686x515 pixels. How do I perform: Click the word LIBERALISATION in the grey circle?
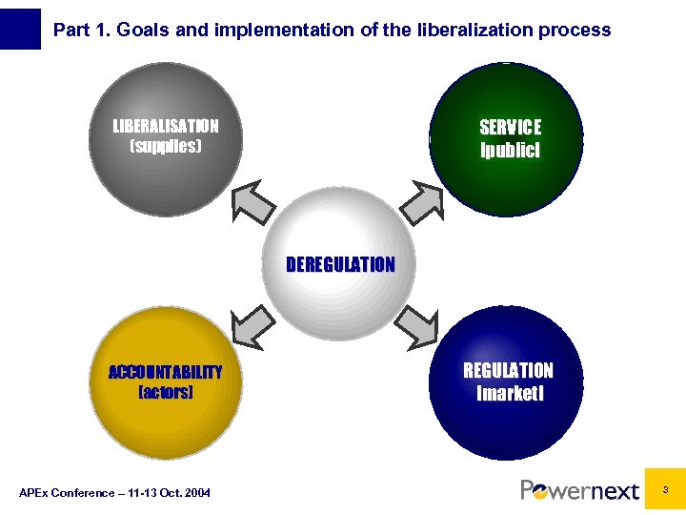coord(166,126)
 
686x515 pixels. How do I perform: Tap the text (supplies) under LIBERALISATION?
coord(166,147)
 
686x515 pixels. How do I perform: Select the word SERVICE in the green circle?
coord(510,128)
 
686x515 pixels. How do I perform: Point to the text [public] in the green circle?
coord(510,150)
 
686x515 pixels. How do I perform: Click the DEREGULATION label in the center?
coord(340,264)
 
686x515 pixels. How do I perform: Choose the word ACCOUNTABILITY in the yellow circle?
coord(165,372)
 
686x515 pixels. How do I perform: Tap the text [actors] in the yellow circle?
coord(165,392)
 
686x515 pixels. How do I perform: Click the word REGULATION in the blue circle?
coord(508,370)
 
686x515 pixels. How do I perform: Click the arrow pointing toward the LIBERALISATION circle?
coord(254,199)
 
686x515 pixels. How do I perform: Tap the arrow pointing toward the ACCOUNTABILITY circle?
coord(253,327)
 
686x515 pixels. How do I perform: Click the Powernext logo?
coord(579,490)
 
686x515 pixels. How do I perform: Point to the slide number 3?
coord(665,488)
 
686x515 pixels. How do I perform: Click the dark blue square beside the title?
coord(21,29)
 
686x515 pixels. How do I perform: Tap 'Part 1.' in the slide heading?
coord(78,30)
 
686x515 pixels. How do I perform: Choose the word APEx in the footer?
coord(35,492)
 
